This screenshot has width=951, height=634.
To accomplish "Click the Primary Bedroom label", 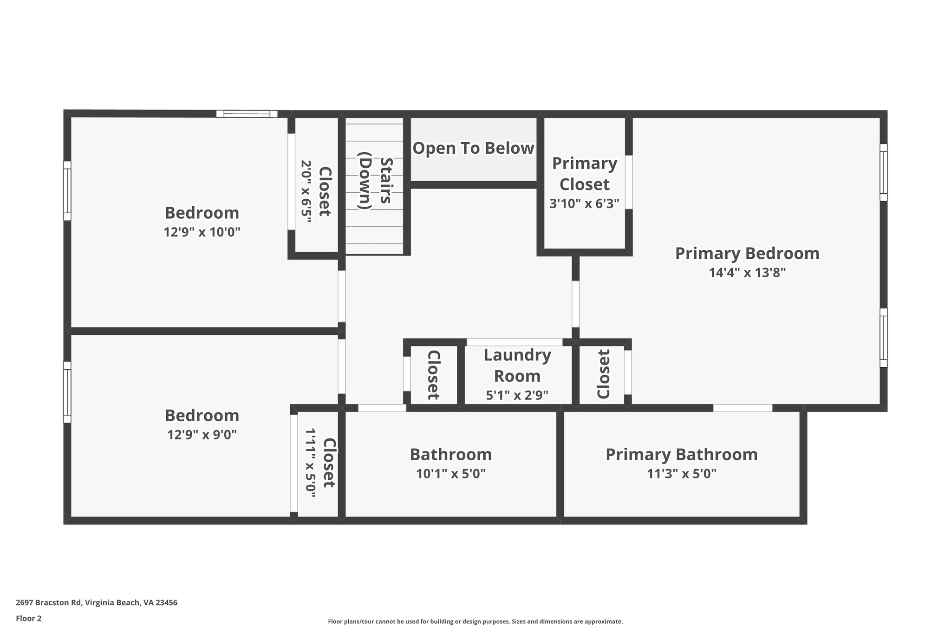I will [x=747, y=254].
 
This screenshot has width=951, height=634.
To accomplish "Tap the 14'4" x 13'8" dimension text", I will [x=747, y=273].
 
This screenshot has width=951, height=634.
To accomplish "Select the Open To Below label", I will [x=473, y=148].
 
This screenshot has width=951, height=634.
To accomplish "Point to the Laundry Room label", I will [x=517, y=365].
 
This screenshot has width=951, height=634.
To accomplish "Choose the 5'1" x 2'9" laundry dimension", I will [x=517, y=395].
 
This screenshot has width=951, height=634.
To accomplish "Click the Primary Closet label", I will [x=584, y=174].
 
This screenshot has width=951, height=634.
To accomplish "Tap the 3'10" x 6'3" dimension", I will [x=584, y=203].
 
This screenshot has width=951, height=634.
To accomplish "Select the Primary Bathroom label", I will [x=681, y=454].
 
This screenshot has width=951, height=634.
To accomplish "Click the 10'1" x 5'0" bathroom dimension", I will [x=450, y=474].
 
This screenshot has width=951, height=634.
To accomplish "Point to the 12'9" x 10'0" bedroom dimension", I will [x=202, y=232].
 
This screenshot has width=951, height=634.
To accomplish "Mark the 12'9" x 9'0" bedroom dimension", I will [x=202, y=435].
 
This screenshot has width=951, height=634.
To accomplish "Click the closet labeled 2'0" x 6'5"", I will [x=316, y=191].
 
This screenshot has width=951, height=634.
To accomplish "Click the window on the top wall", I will [x=247, y=114].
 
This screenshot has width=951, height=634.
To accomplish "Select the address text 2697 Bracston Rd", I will [x=96, y=602].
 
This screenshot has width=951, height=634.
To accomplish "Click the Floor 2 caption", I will [x=29, y=618].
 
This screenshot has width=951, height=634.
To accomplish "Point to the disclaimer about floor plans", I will [x=475, y=621].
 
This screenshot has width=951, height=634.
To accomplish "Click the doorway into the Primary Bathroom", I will [x=743, y=408].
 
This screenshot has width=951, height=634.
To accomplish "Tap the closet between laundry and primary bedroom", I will [x=603, y=374].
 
